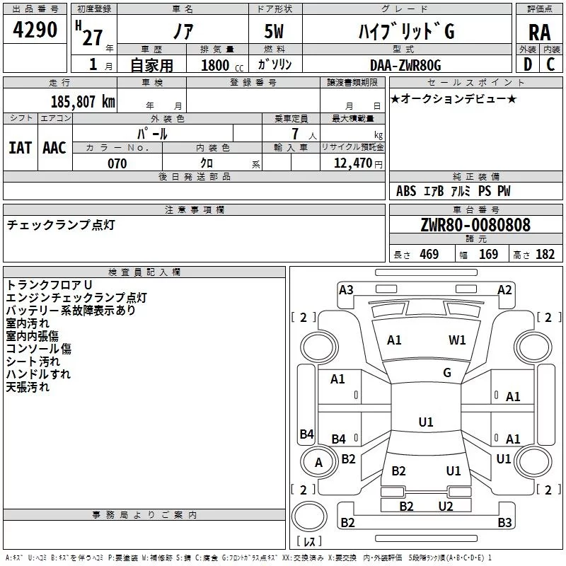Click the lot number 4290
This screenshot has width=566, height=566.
35,30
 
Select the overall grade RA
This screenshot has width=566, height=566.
539,32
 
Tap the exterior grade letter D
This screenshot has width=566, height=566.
528,64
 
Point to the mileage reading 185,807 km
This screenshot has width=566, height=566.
82,101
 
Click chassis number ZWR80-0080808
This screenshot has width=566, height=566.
475,225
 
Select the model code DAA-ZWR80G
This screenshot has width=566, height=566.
405,65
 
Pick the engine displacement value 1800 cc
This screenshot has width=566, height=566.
219,65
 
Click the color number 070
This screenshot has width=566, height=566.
117,163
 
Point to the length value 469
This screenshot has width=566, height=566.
429,255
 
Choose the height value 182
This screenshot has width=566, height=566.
545,255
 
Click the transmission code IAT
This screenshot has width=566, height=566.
20,147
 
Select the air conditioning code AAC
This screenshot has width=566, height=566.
54,147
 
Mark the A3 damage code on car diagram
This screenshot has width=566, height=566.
346,289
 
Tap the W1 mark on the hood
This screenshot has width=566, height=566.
457,340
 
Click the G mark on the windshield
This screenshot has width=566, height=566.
446,372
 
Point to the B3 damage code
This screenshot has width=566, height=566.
504,523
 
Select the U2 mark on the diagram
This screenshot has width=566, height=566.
445,506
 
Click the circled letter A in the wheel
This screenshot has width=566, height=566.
318,463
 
